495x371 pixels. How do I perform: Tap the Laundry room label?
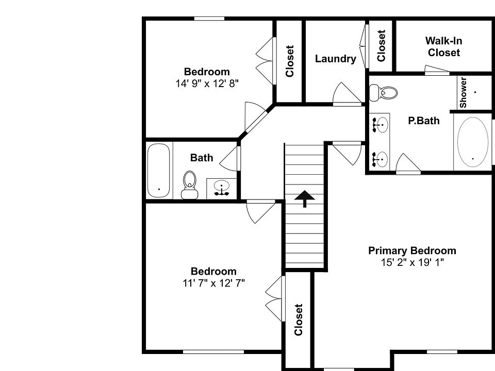(335, 59)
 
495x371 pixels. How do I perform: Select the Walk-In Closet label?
(443, 46)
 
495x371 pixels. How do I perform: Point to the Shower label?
(463, 92)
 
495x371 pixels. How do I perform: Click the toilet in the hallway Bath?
(190, 185)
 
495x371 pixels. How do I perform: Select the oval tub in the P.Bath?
(473, 141)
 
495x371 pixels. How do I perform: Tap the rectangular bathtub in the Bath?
(158, 170)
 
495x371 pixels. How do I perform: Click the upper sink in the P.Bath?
(381, 125)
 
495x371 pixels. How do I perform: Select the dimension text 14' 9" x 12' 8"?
(207, 83)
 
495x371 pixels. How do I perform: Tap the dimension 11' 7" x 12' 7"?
(213, 282)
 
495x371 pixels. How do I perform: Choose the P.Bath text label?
(424, 121)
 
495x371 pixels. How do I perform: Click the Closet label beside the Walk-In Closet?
(381, 46)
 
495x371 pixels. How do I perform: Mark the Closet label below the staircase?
(298, 319)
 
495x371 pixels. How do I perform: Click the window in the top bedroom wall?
(209, 19)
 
